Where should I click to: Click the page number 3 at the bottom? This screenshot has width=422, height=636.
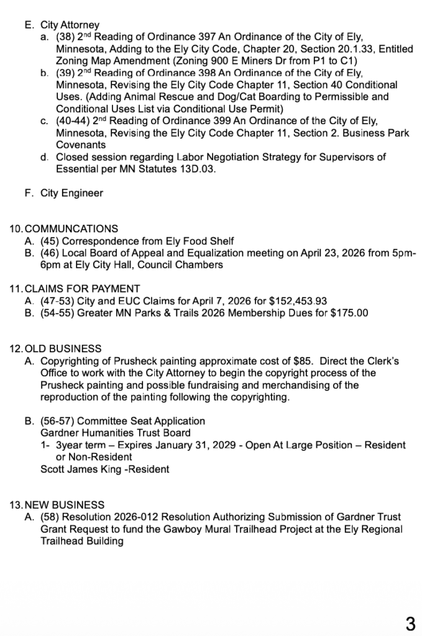(x=410, y=623)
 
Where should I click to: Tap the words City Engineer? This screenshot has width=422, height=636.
(x=71, y=193)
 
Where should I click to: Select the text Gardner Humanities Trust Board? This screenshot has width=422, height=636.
(x=115, y=433)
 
